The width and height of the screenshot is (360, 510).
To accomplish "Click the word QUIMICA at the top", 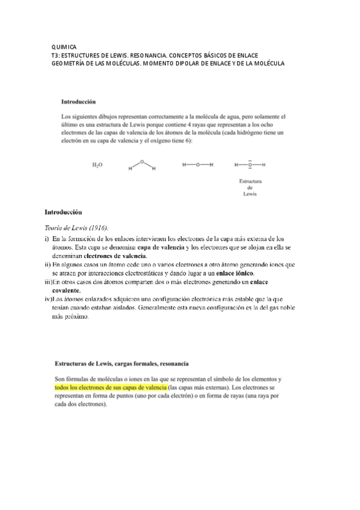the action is (64, 46).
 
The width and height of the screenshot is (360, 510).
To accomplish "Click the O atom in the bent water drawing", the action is (142, 161).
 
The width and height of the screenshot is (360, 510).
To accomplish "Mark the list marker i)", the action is (47, 239).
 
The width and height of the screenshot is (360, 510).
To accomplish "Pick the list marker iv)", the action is (47, 298).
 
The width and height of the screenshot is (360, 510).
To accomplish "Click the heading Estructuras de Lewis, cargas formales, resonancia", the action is (122, 363).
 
